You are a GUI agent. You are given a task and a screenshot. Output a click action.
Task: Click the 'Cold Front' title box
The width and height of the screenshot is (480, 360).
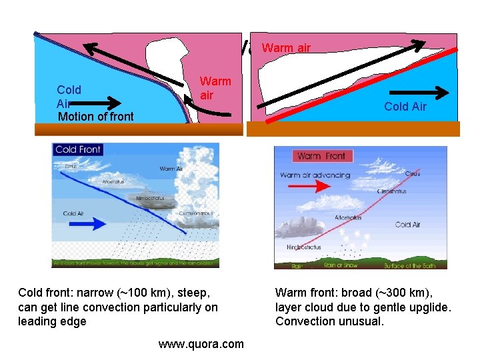pyautogui.click(x=78, y=149)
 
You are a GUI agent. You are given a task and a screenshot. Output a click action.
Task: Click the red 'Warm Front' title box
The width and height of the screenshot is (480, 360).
pyautogui.click(x=321, y=156)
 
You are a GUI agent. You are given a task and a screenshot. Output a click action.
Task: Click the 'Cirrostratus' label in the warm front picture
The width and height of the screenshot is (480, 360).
pyautogui.click(x=391, y=191)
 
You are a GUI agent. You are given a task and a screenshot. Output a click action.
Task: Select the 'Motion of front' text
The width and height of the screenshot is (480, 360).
pyautogui.click(x=96, y=117)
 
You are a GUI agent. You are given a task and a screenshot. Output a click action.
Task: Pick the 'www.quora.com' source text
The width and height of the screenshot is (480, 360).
pyautogui.click(x=201, y=345)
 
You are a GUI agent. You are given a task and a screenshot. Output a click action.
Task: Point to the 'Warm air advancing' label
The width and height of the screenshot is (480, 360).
pyautogui.click(x=315, y=175)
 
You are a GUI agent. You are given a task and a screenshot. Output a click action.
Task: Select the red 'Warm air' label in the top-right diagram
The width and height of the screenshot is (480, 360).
pyautogui.click(x=286, y=47)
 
